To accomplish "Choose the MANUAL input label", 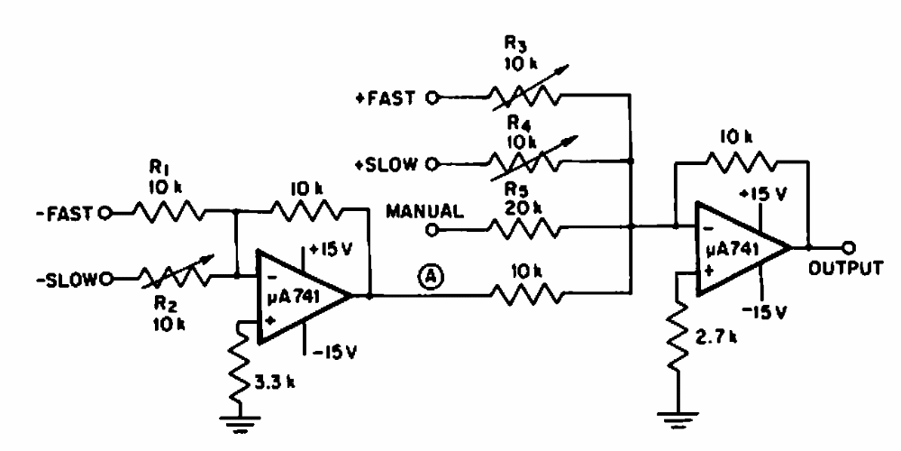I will [x=424, y=213].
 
